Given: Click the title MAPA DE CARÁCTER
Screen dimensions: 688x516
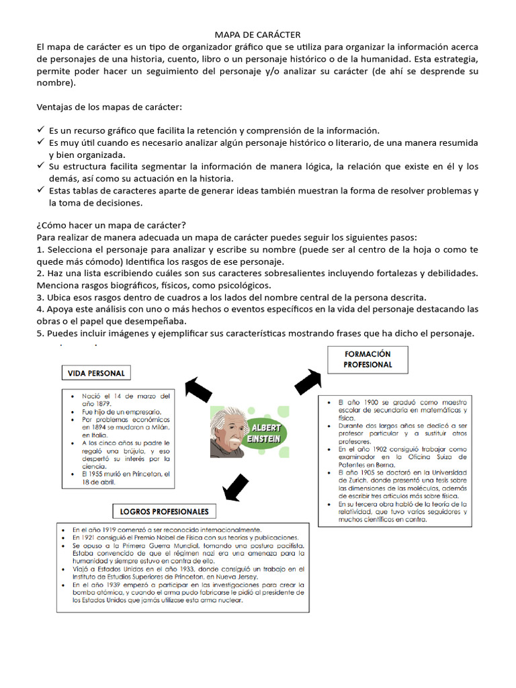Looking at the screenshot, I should tap(257, 34).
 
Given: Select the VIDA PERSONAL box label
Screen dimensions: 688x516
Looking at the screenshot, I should tap(96, 373).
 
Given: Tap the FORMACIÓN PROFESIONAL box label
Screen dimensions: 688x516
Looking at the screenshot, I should tap(367, 359).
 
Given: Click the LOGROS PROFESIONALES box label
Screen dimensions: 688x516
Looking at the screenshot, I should tap(164, 511).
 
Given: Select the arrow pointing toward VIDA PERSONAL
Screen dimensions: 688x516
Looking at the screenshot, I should tap(198, 389).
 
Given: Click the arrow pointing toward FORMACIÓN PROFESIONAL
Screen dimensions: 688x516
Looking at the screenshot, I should tap(308, 382).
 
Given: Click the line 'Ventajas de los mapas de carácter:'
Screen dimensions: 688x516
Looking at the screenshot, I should tap(109, 107).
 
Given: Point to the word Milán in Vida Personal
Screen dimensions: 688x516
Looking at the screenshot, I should tap(160, 427).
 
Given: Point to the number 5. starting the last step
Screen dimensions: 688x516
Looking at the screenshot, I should tap(41, 333).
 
